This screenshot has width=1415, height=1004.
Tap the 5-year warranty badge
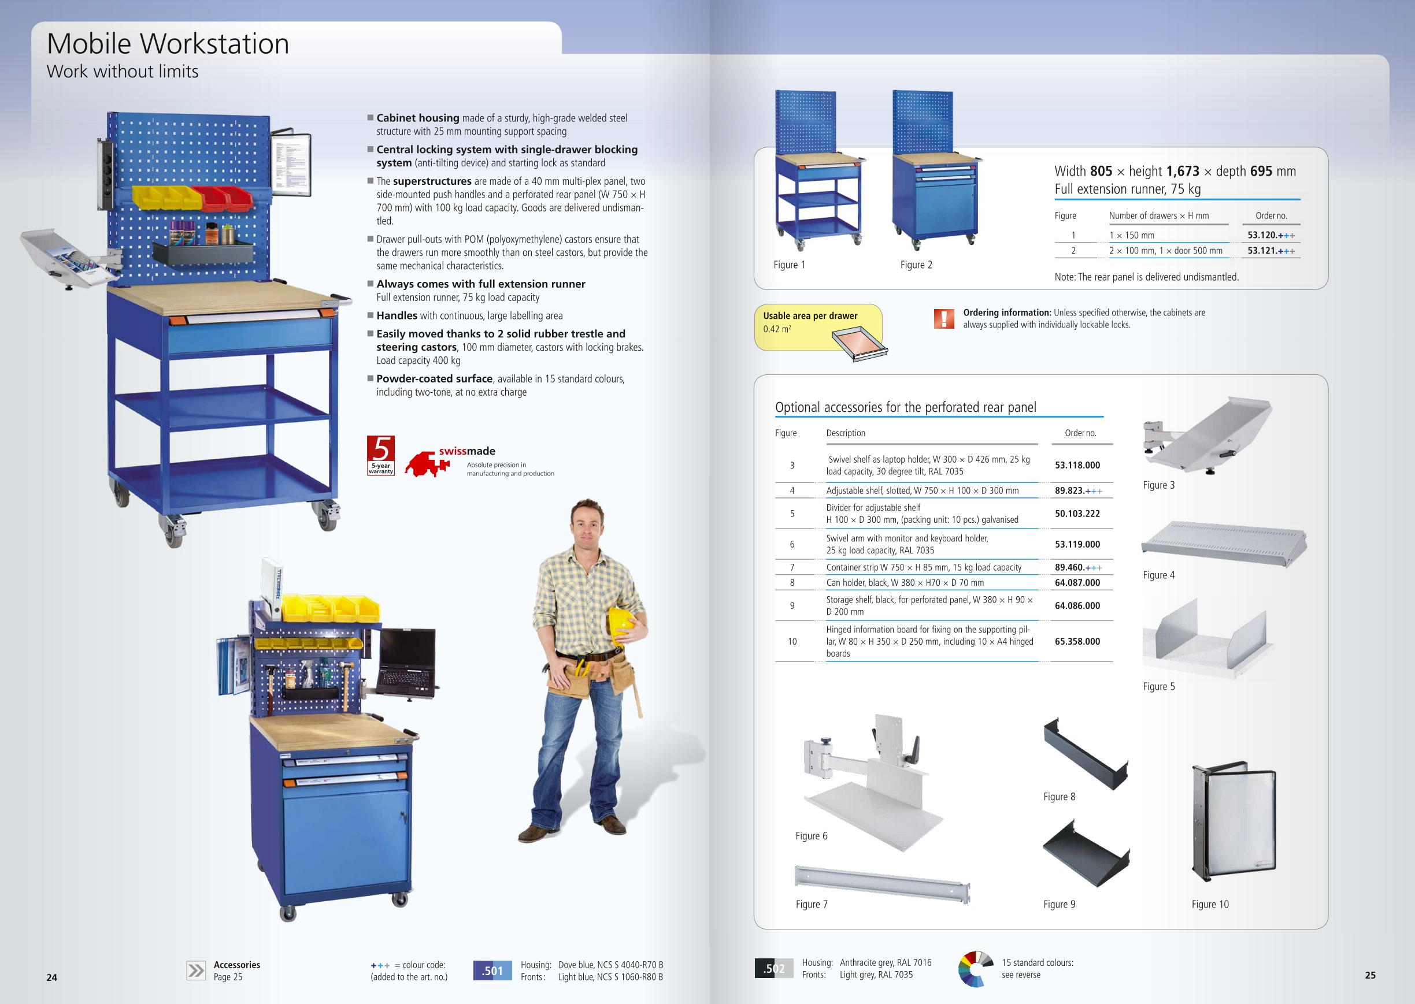click(x=380, y=456)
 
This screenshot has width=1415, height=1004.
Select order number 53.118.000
click(x=1077, y=465)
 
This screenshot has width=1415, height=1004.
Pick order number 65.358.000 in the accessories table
click(x=1077, y=641)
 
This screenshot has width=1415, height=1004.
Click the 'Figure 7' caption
click(x=812, y=904)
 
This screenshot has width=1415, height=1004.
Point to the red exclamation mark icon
click(x=944, y=318)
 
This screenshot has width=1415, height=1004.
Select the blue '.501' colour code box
click(x=492, y=970)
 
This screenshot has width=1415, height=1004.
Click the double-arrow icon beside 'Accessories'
click(x=196, y=970)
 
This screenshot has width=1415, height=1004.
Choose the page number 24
click(x=52, y=977)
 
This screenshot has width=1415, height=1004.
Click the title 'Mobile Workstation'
click(x=168, y=44)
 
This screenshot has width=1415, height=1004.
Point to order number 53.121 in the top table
click(x=1270, y=250)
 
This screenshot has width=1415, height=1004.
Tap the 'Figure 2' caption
click(x=916, y=265)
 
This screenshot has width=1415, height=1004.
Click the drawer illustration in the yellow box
click(x=860, y=343)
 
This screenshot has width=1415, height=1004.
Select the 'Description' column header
click(x=846, y=433)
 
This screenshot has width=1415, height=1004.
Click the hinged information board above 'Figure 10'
click(x=1234, y=821)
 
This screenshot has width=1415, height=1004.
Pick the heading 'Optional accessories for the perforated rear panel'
click(x=905, y=407)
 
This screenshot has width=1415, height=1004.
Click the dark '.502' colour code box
click(x=773, y=968)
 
